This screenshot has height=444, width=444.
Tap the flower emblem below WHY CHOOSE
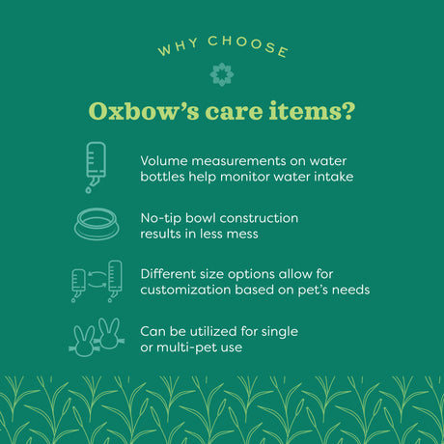point(221,74)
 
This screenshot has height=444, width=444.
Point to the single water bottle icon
point(95,166)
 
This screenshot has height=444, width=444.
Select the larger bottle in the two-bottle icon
point(115,280)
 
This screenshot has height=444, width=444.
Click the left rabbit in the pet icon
point(84,339)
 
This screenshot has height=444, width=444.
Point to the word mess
point(244,234)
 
